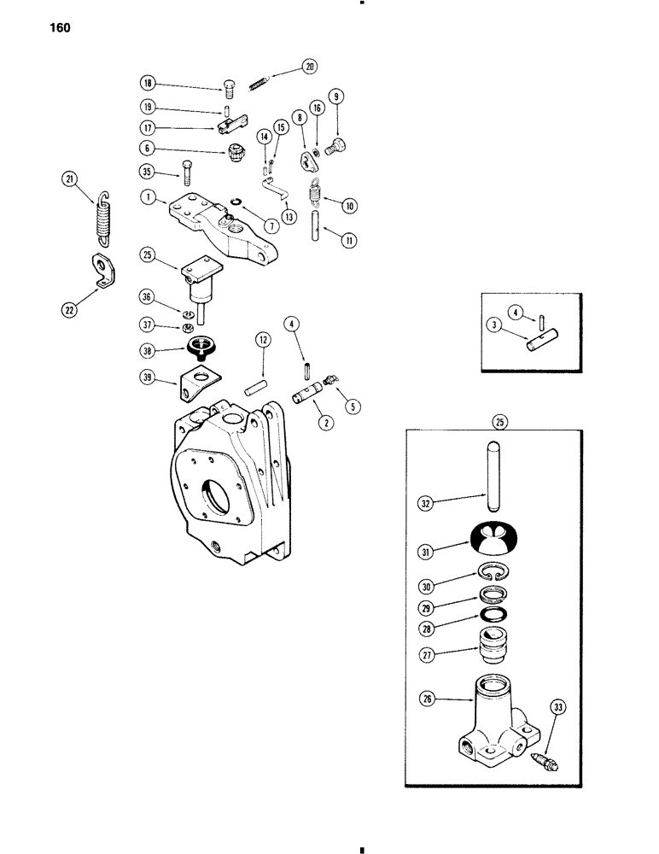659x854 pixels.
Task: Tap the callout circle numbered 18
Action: coord(149,84)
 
